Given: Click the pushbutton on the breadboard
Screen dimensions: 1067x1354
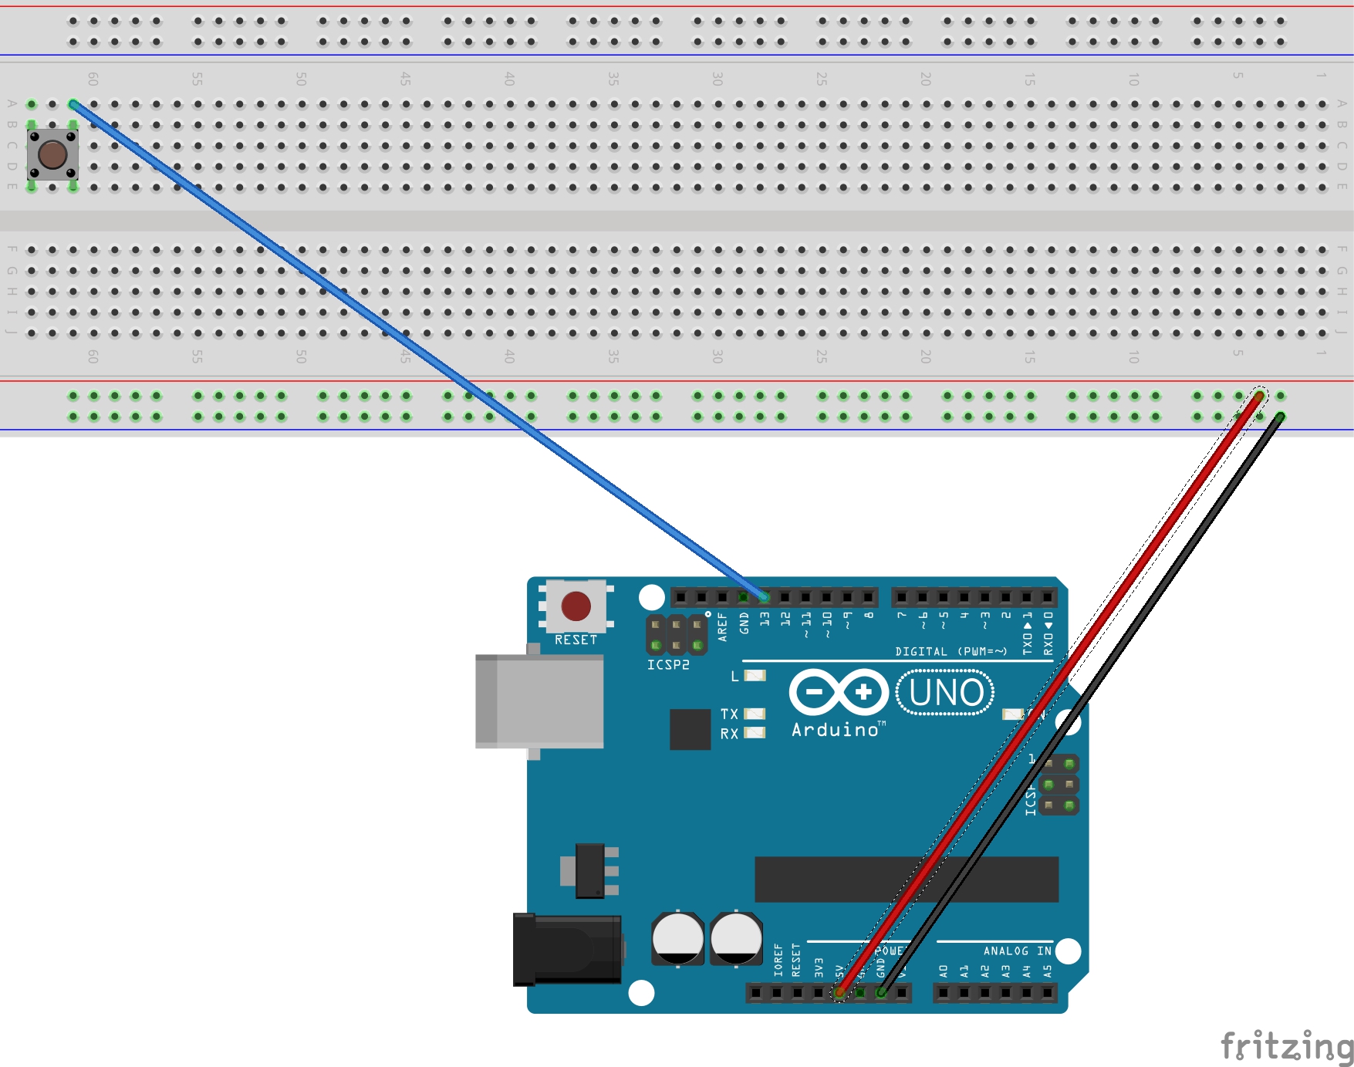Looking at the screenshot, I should click(52, 154).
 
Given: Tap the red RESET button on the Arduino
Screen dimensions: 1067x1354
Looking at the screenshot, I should click(576, 606).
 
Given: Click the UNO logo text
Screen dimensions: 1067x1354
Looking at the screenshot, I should click(946, 693).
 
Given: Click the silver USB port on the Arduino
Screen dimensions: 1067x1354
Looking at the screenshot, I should click(539, 701).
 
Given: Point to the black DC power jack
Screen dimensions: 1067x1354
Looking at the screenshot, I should click(568, 950).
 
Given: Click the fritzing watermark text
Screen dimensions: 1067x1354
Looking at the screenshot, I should click(1286, 1047).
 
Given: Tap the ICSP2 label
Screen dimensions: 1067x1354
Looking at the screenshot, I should click(668, 664).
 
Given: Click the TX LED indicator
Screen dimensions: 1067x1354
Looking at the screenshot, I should click(755, 714).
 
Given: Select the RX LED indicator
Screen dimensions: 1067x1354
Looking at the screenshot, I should click(755, 733).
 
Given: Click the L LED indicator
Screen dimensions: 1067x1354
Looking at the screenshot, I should click(755, 676).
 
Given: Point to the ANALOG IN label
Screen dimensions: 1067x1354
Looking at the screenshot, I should click(1017, 951).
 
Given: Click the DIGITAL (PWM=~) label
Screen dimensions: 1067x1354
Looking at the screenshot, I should click(951, 652).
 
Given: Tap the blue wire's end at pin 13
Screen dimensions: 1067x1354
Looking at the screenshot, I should click(764, 596).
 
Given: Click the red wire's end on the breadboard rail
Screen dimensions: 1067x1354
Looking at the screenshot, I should click(1259, 397).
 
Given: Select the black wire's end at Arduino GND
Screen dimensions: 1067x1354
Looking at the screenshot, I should click(881, 993).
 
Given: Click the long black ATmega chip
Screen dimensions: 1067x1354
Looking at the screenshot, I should click(906, 879).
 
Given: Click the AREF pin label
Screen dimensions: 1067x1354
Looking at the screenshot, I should click(722, 626).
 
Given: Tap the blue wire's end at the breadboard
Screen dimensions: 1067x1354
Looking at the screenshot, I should click(73, 104).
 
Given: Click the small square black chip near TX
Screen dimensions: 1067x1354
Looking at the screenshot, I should click(690, 729).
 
